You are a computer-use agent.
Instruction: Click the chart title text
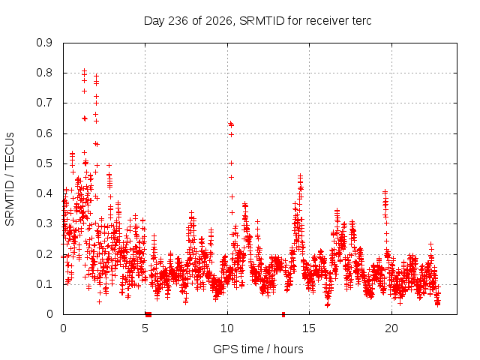tap(257, 21)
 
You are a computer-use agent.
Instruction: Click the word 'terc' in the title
tap(361, 21)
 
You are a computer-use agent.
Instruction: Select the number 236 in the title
tap(178, 21)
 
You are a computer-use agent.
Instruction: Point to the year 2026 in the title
tap(218, 22)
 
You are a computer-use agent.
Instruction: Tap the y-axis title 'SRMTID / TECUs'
tap(10, 179)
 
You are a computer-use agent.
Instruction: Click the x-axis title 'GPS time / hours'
tap(258, 349)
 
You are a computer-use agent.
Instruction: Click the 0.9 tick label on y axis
tap(44, 43)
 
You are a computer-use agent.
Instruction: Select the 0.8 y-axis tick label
tap(44, 73)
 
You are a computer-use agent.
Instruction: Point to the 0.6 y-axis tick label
tap(44, 133)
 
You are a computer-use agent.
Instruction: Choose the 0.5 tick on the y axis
tap(44, 163)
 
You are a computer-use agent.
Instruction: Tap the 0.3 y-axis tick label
tap(44, 223)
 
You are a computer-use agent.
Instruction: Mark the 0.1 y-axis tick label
tap(44, 284)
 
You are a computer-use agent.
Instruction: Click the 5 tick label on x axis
tap(145, 328)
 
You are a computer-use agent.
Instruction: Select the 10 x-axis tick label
tap(227, 328)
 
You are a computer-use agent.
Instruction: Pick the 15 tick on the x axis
tap(309, 328)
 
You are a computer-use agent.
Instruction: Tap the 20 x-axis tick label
tap(391, 328)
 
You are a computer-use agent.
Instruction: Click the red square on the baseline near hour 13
tap(283, 314)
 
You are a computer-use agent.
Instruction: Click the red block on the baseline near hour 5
tap(148, 314)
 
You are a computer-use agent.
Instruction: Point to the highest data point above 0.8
tap(85, 70)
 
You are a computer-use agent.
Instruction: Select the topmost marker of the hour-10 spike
tap(230, 123)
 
